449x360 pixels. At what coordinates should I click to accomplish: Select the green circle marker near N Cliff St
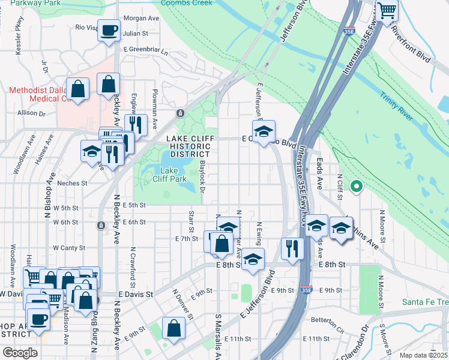click(357, 187)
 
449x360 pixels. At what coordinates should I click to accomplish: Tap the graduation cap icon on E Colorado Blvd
click(263, 132)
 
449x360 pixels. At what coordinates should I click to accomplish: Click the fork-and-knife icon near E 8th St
click(292, 248)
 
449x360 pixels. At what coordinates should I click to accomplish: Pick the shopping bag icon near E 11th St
click(173, 329)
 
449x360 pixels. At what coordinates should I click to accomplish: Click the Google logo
click(20, 353)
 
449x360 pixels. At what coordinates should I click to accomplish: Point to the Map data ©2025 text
click(423, 355)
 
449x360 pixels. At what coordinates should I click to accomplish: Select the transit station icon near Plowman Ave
click(179, 113)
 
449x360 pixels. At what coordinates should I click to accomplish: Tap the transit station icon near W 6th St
click(100, 225)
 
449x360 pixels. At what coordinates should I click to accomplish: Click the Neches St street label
click(72, 183)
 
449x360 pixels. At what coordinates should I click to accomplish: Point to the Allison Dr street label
click(32, 112)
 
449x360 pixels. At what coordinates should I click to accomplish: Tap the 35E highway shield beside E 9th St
click(307, 290)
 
